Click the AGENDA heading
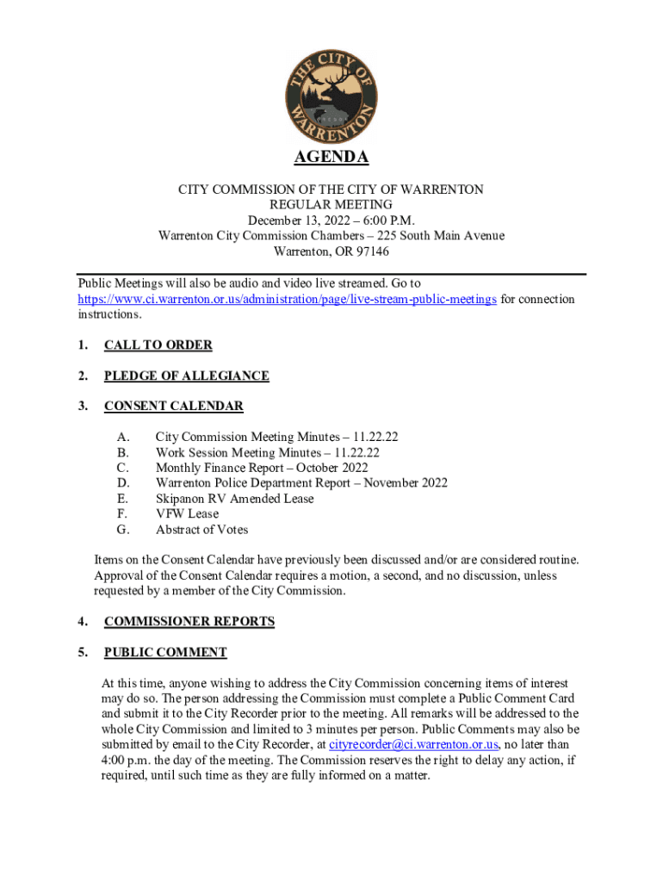click(x=331, y=158)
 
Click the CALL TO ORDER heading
click(x=158, y=345)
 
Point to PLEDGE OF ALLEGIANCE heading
click(x=186, y=376)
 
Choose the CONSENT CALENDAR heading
click(x=173, y=406)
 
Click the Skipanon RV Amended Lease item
click(x=234, y=499)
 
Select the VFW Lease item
click(x=187, y=514)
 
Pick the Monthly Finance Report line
click(x=261, y=468)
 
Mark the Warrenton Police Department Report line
click(x=301, y=483)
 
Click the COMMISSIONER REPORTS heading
click(x=189, y=621)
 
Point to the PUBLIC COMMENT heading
click(x=165, y=652)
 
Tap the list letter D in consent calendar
click(x=123, y=483)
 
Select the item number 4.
click(x=82, y=621)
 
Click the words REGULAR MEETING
click(x=331, y=205)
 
